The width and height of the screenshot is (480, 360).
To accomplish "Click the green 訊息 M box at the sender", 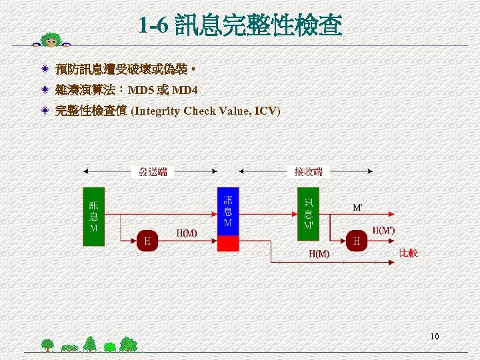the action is point(93,216).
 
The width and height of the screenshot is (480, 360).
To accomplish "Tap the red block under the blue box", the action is point(228,244).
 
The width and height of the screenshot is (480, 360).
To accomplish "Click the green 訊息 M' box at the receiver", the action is point(309,213).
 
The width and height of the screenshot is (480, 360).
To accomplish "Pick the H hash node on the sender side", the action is point(147,241).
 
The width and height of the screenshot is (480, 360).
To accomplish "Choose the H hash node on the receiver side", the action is point(357,241).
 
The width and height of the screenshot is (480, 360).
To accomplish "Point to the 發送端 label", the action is point(153,172).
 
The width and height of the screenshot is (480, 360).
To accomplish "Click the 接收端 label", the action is point(308,172).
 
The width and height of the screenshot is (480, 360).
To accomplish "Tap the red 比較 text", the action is point(408,253).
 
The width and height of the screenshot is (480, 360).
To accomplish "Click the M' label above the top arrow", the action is point(358,207).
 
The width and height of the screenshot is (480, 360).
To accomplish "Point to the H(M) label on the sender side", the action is point(187,233).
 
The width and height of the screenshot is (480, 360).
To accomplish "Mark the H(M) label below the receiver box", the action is point(319,253).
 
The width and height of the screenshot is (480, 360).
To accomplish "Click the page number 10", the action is point(435,337).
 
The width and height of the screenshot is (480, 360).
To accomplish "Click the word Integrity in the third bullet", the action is point(157,111).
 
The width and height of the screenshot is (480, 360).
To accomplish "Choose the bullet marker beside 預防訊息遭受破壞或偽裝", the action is point(43,69).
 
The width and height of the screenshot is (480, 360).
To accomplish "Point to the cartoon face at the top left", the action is point(50,40).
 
